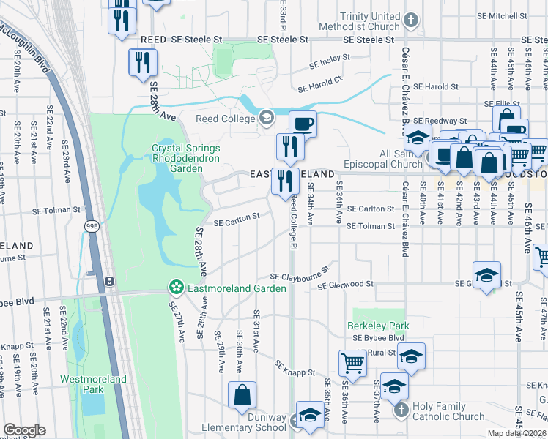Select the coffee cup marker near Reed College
click(x=303, y=124)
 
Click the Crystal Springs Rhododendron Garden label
click(x=177, y=158)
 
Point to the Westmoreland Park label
click(x=93, y=384)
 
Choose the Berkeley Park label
click(x=378, y=326)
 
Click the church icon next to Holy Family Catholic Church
click(x=401, y=411)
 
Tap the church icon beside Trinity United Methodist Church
click(x=412, y=20)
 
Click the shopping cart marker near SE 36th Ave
click(x=352, y=364)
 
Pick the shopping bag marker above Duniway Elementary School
click(x=242, y=397)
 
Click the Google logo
click(x=23, y=430)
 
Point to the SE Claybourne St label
click(x=296, y=277)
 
